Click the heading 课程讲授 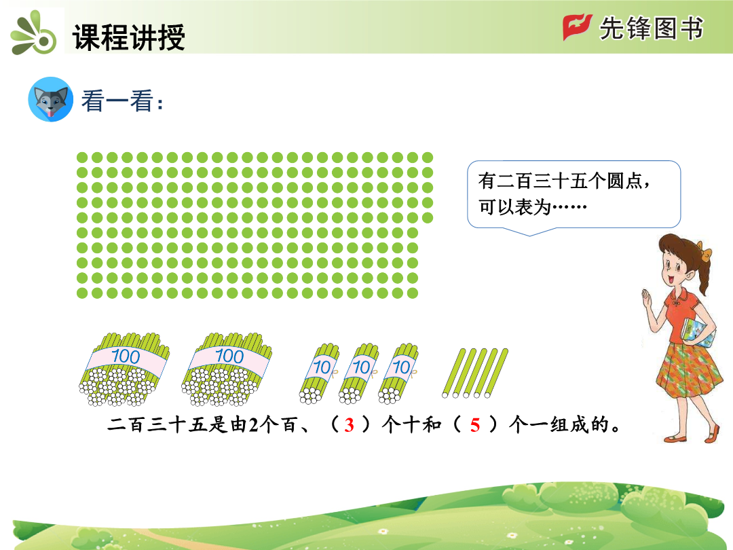128,37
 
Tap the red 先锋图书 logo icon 577,27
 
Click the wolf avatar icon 50,99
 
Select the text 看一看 117,100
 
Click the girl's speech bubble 574,195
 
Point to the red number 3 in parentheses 350,425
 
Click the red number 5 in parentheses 475,425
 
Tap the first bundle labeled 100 124,369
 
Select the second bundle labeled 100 227,369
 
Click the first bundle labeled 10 319,373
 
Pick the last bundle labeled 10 398,373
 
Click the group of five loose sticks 475,373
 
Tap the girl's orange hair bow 704,252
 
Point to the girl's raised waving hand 648,297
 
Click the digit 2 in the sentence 253,425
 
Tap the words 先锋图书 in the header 651,28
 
